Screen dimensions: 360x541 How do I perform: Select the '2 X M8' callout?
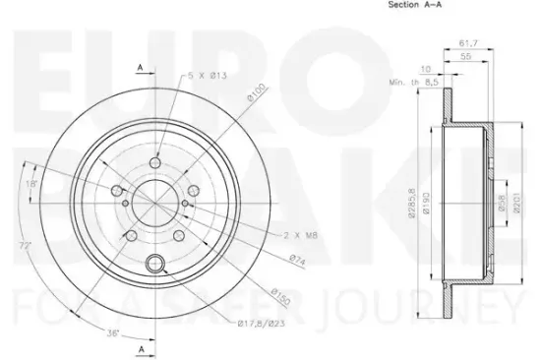click(x=300, y=236)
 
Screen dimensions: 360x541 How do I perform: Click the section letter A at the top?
click(x=141, y=66)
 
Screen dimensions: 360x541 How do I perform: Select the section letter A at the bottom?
click(x=141, y=350)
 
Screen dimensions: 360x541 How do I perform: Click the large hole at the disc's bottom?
click(x=154, y=263)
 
